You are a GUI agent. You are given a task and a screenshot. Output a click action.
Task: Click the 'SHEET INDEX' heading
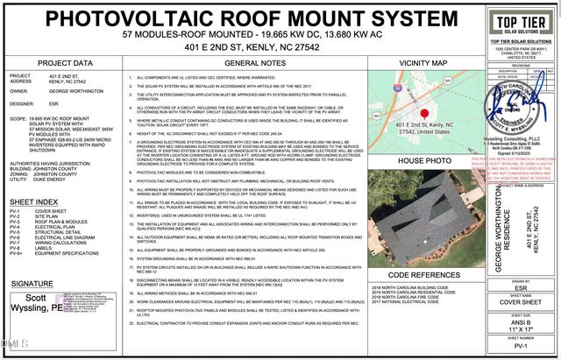(34, 200)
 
